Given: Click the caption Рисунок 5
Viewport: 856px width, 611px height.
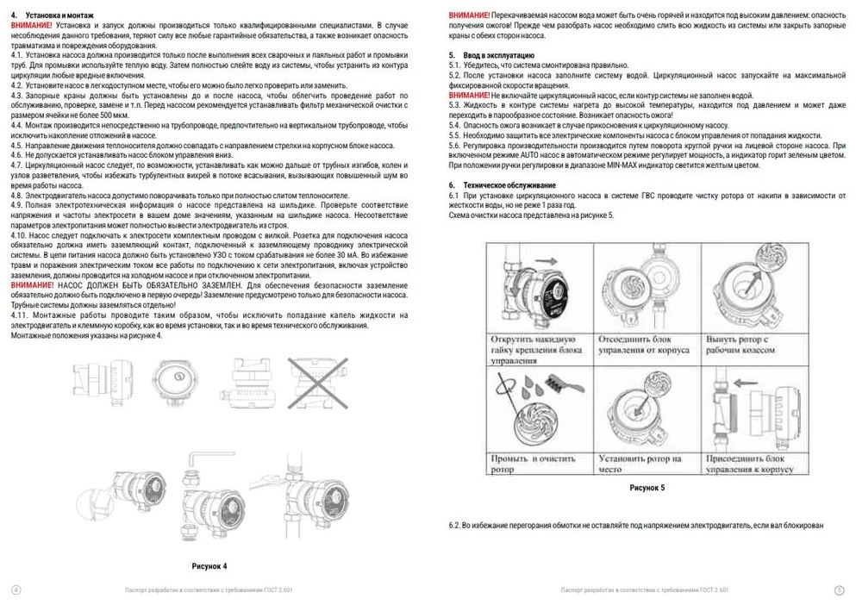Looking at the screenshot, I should pos(647,488).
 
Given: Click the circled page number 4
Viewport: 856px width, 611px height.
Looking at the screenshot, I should pos(16,589).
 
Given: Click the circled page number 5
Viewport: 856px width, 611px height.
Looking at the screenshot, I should pos(839,589).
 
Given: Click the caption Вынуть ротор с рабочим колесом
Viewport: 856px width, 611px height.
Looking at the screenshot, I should pos(755,345).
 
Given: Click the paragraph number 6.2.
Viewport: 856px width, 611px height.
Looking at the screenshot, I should pos(455,525).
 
